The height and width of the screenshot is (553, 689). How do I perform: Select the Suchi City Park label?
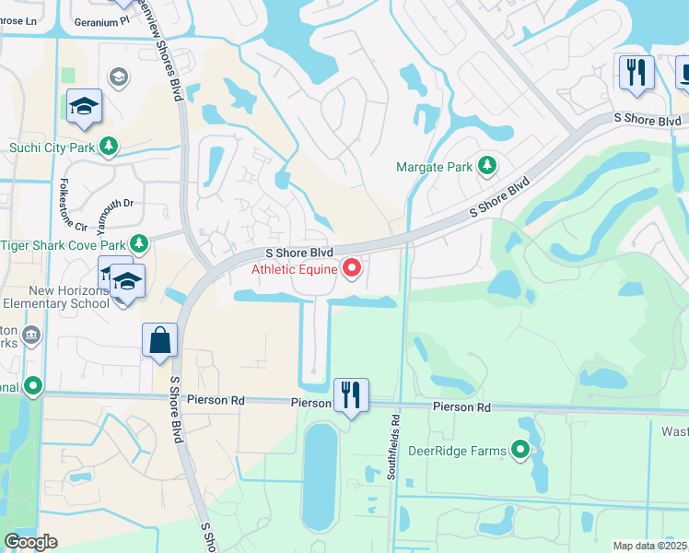tap(53, 147)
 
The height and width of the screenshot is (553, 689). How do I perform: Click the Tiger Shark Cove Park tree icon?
tap(139, 244)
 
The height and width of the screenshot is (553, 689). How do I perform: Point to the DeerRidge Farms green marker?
tap(520, 450)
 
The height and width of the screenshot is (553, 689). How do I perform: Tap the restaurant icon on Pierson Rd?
tap(350, 395)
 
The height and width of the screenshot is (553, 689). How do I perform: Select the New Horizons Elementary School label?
tap(55, 296)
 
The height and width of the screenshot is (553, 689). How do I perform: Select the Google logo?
tap(30, 542)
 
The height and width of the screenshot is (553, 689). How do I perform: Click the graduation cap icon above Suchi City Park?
tap(84, 107)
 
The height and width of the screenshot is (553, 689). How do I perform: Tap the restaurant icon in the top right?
tap(636, 72)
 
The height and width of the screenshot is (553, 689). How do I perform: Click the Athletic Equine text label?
tap(295, 269)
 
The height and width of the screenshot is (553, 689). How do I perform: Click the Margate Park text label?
tap(434, 167)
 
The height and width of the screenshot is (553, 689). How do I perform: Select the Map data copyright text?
tap(650, 546)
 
